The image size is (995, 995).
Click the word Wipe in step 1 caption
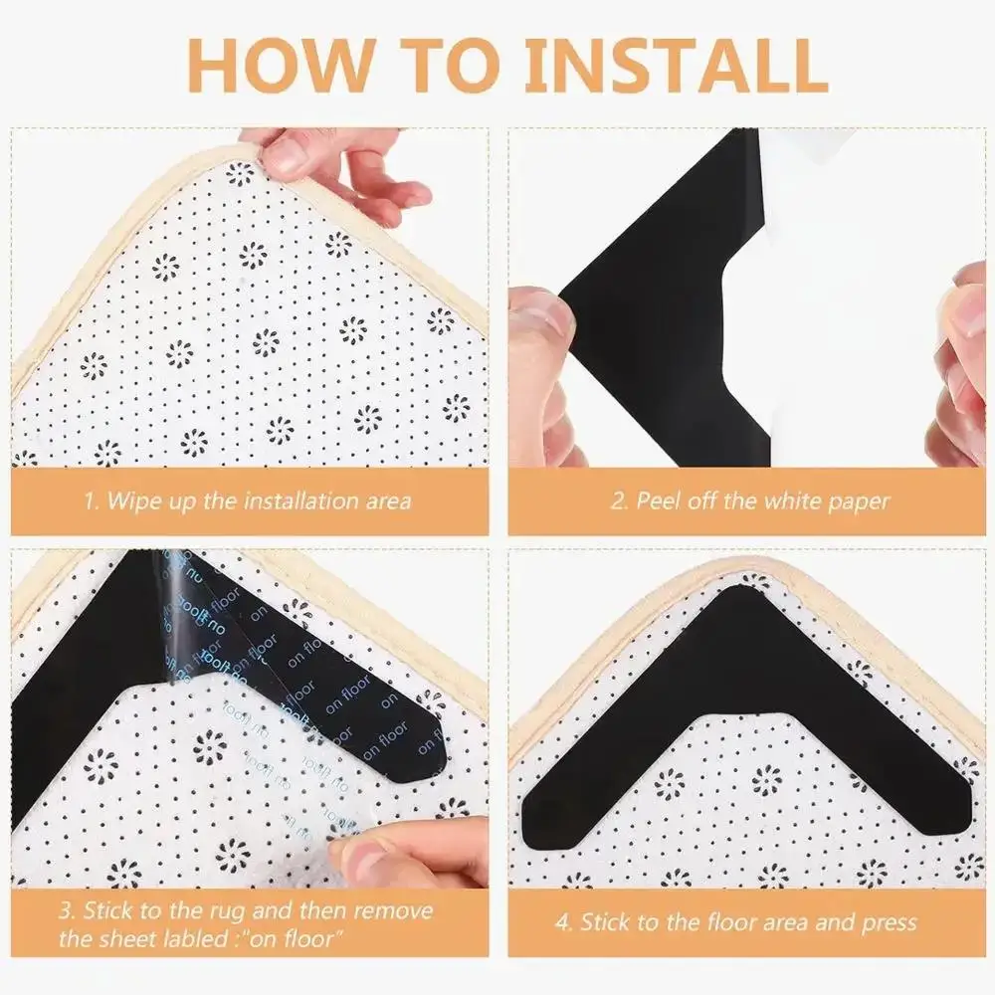click(x=133, y=498)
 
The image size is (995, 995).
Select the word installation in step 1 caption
click(x=291, y=498)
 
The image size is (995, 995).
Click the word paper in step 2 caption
click(x=852, y=499)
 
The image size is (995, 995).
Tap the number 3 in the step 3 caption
click(x=63, y=911)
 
